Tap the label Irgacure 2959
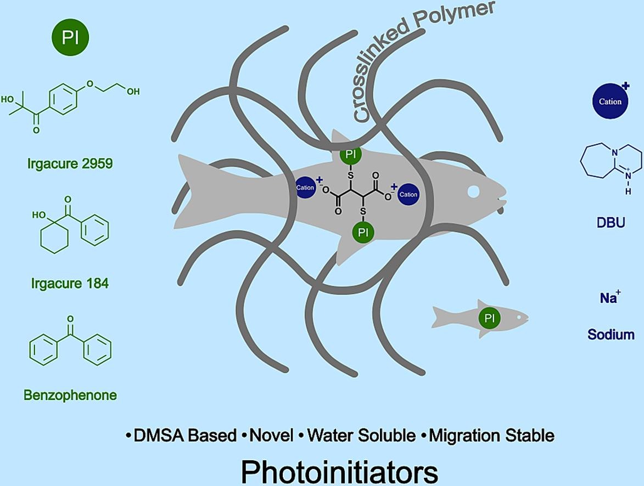point(70,163)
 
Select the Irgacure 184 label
point(70,284)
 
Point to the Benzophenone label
point(70,395)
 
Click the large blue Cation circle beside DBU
point(610,101)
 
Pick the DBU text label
point(611,223)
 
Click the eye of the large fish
point(473,191)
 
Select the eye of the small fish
point(519,317)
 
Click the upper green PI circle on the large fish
point(351,155)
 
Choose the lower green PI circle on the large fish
point(362,232)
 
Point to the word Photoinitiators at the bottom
point(339,471)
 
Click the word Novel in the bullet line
point(271,436)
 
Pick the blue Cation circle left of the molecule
point(305,188)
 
